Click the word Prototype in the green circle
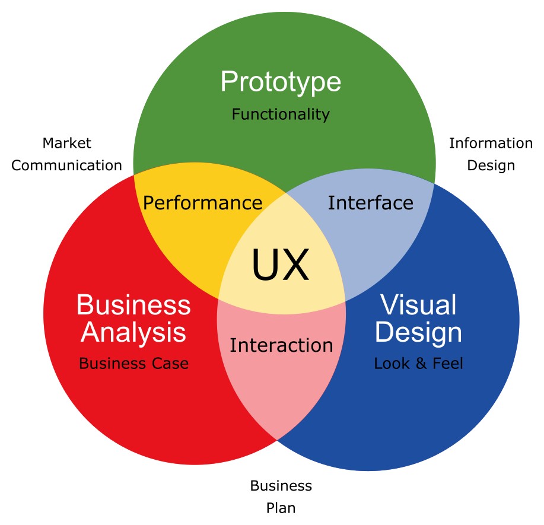pos(281,82)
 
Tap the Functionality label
pos(281,114)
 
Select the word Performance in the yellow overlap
pos(203,203)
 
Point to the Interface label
pos(371,203)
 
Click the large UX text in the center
pos(281,265)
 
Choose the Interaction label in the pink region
pos(281,345)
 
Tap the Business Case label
pos(134,364)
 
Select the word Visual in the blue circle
pos(418,305)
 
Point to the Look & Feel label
pos(418,364)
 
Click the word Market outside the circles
pos(66,143)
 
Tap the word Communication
pos(66,166)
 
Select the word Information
pos(491,143)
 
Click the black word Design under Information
pos(491,166)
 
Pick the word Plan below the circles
pos(281,508)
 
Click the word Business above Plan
pos(281,486)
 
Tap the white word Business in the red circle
pos(133,305)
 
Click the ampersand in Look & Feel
pos(421,364)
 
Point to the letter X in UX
pos(295,265)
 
